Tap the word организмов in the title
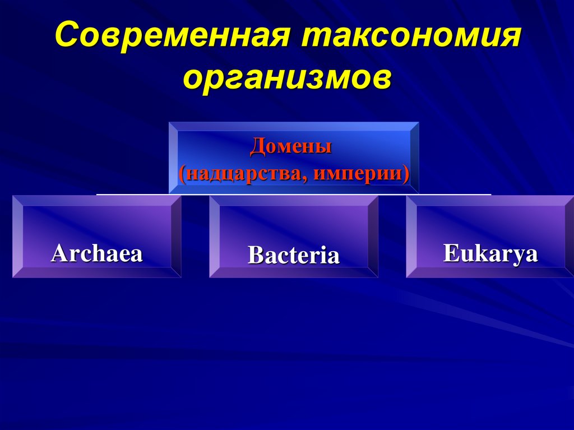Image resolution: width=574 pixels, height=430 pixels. tap(286, 77)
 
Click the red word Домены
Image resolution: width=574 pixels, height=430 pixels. tap(291, 147)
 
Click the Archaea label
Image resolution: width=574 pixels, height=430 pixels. tap(97, 253)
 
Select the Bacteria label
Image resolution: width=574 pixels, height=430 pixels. tap(294, 255)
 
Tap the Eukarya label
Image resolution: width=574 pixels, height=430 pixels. tap(490, 253)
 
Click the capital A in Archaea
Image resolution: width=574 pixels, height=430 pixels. tap(58, 253)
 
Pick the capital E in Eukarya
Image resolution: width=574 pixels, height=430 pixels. tap(450, 253)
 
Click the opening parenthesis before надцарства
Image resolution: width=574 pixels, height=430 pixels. tap(182, 173)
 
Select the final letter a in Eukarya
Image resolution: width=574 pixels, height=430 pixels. tap(532, 254)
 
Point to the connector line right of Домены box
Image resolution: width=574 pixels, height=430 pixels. tap(454, 194)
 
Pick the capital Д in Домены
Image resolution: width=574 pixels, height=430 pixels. tap(256, 147)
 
